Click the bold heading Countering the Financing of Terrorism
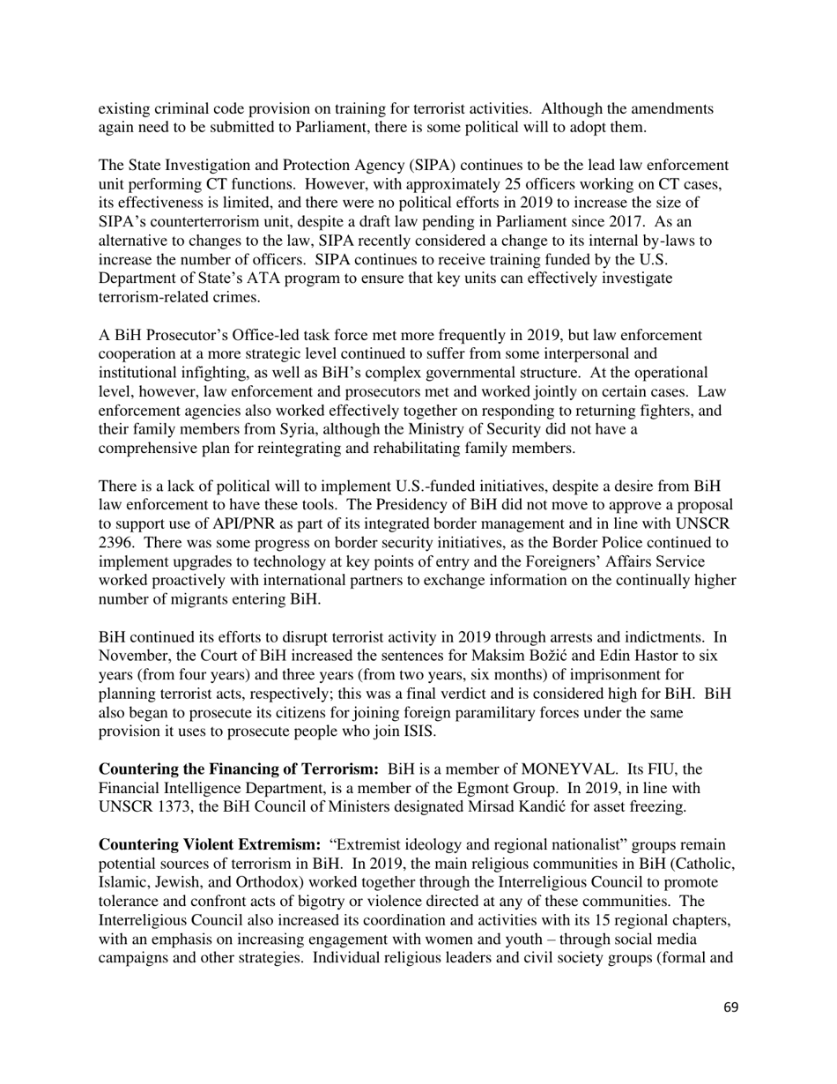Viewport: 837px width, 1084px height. click(x=239, y=769)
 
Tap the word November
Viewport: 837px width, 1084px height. click(x=131, y=655)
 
